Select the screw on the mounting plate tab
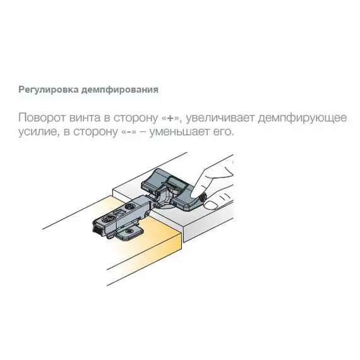click(x=130, y=232)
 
